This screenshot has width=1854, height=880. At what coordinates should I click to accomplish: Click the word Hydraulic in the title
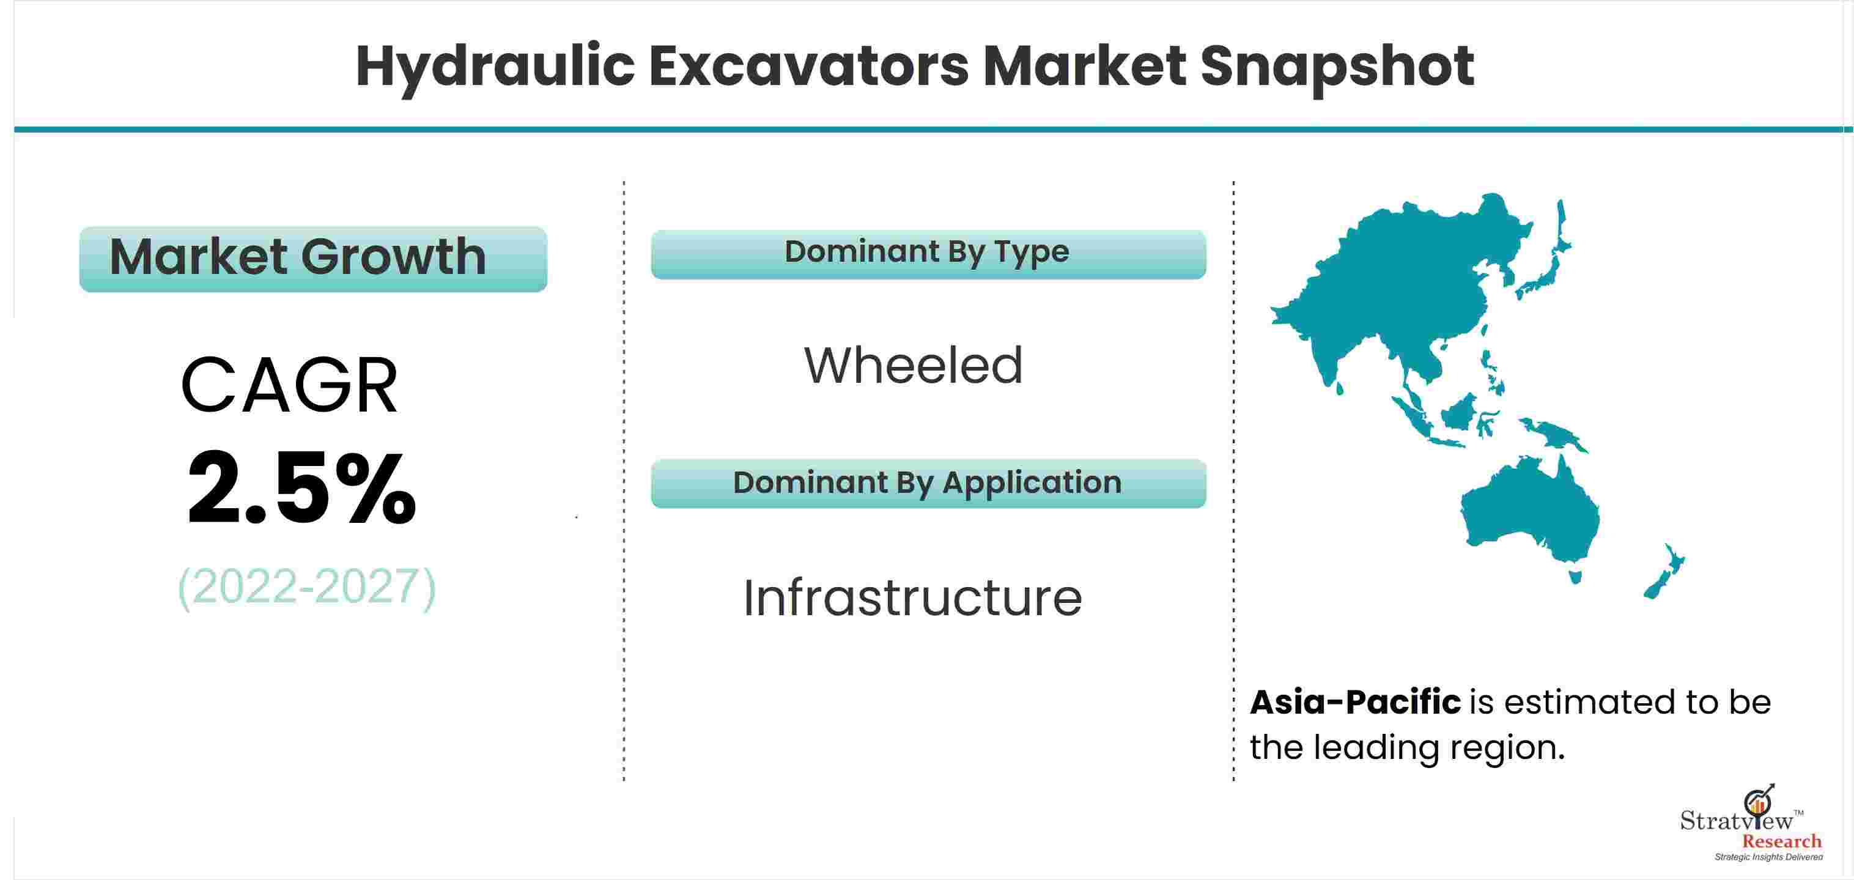coord(495,67)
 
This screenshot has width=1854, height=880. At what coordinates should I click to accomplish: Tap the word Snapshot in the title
coord(1337,67)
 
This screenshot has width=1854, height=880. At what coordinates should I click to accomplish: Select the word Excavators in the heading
coord(809,67)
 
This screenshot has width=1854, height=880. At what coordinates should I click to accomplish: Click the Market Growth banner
coord(313,259)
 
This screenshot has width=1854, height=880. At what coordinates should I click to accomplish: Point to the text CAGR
coord(289,386)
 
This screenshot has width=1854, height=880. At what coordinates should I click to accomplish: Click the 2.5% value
coord(301,488)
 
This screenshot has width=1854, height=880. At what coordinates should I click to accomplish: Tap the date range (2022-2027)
coord(306,587)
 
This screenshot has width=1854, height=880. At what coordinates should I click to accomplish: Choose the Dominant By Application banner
coord(928,484)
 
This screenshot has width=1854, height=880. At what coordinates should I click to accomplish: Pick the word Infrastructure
coord(912,598)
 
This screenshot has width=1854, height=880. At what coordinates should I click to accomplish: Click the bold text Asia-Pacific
coord(1355,702)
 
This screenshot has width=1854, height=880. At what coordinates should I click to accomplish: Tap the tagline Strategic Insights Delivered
coord(1768,857)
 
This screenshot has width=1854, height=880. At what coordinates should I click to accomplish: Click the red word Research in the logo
coord(1781,841)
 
